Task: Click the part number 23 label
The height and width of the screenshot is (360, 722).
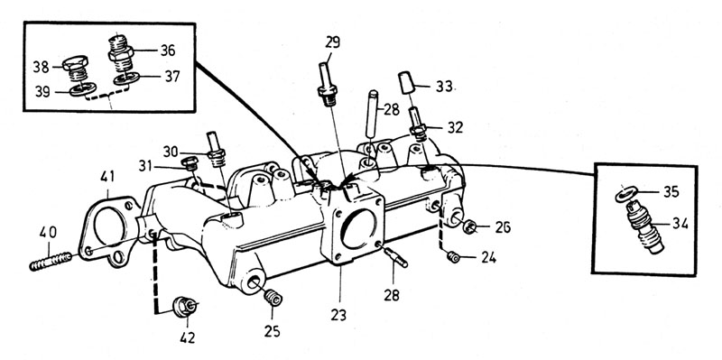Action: pos(338,316)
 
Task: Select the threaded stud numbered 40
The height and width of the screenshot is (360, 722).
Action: pos(51,261)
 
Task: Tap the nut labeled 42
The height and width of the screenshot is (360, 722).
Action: pos(185,307)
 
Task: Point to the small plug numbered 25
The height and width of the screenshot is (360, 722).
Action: pos(273,297)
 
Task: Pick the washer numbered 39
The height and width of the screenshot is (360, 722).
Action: pos(83,88)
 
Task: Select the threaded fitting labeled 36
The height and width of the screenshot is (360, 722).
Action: pos(121,52)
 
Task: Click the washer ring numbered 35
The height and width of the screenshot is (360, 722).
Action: pos(626,194)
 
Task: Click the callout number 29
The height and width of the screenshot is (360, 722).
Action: pos(332,42)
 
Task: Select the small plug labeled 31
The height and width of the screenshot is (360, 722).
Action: pos(190,162)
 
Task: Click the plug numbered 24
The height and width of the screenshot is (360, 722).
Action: pos(453,257)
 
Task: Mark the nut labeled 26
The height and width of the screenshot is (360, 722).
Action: pos(469,226)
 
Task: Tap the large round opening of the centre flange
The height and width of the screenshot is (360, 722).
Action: pos(359,229)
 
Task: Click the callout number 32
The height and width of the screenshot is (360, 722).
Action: pos(455,127)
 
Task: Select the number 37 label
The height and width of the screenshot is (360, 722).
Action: pos(171,77)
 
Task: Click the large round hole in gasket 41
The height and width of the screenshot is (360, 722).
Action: pos(109,226)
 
